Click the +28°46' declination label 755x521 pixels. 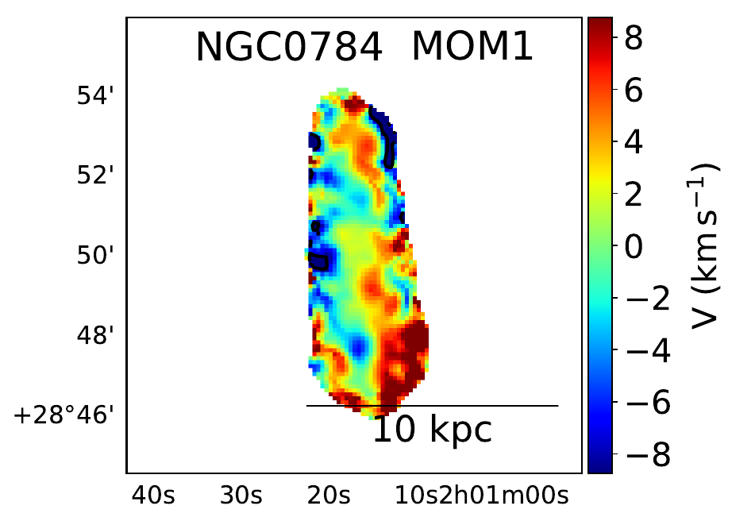click(67, 415)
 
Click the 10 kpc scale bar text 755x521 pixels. click(433, 430)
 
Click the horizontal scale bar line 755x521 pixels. click(476, 406)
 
